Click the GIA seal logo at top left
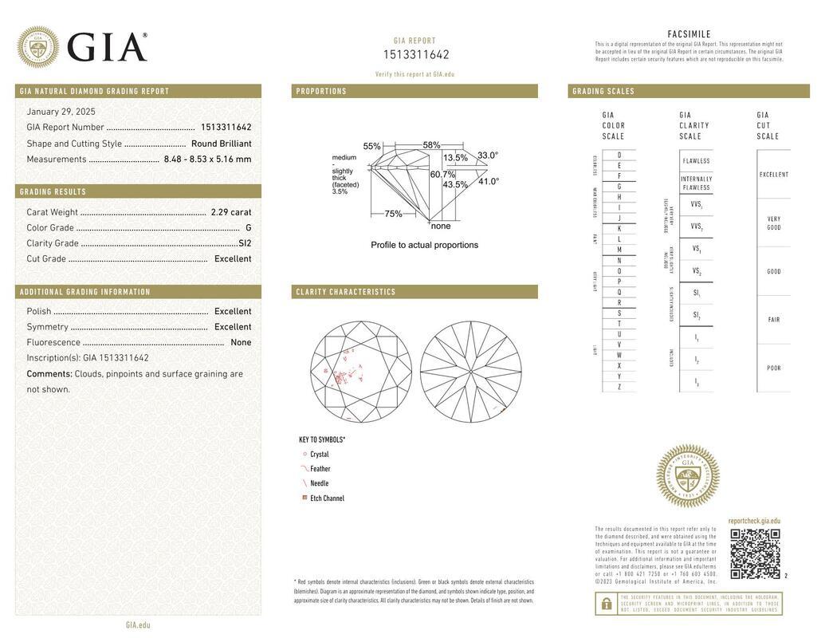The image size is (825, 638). pos(37,47)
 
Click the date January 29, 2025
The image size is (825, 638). pos(61,112)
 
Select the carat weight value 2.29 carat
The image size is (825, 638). pos(230,212)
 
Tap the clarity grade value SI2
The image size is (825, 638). pos(245,243)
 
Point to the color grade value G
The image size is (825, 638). pos(248,228)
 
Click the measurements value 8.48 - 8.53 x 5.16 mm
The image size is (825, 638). pos(207,159)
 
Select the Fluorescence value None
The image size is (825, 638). pos(241,343)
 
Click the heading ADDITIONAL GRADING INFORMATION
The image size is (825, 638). pos(85,292)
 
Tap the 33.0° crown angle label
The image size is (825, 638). pos(488,156)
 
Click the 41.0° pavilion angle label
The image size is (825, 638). pos(489,181)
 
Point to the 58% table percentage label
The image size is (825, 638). pos(431,145)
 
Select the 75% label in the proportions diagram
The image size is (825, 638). pos(393,214)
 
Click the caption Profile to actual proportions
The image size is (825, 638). pos(424,245)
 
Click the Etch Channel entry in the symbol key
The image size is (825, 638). pos(327,498)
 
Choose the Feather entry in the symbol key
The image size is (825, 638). pos(320,469)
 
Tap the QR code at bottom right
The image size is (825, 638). pos(754,553)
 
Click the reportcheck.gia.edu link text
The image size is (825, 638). pos(754,521)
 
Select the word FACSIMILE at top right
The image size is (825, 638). pos(689,34)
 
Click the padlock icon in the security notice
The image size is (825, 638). pos(606,604)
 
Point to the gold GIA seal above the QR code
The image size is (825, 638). pos(687,476)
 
